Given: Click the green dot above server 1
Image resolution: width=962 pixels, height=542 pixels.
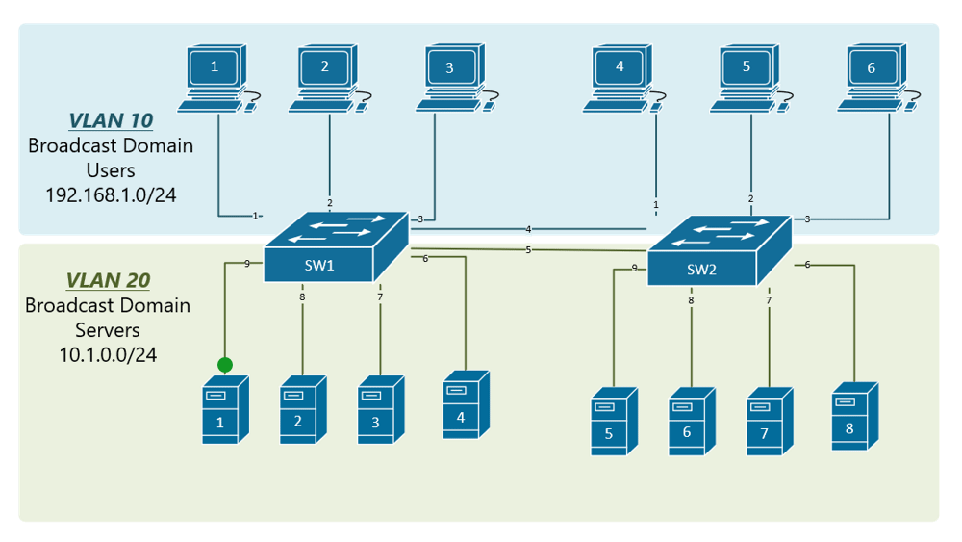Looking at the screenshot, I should pos(225,365).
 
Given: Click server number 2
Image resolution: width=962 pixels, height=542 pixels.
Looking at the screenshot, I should pos(299,413).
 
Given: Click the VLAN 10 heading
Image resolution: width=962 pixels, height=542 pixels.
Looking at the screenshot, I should pos(111,120).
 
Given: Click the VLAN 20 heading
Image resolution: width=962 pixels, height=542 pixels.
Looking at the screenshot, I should pos(109,280).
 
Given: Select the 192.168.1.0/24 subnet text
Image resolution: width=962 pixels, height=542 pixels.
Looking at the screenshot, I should pos(111,195).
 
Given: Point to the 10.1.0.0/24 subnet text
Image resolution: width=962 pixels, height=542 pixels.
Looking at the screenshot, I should pos(108,355).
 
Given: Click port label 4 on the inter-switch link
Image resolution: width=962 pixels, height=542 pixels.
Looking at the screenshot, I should pos(529,229).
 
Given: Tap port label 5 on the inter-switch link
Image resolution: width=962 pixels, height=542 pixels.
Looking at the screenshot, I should pos(529,250).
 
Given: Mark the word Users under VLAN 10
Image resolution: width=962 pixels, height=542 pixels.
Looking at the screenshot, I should pos(111,170).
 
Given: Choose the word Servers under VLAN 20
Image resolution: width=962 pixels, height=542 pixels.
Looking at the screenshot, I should pos(108,330).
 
